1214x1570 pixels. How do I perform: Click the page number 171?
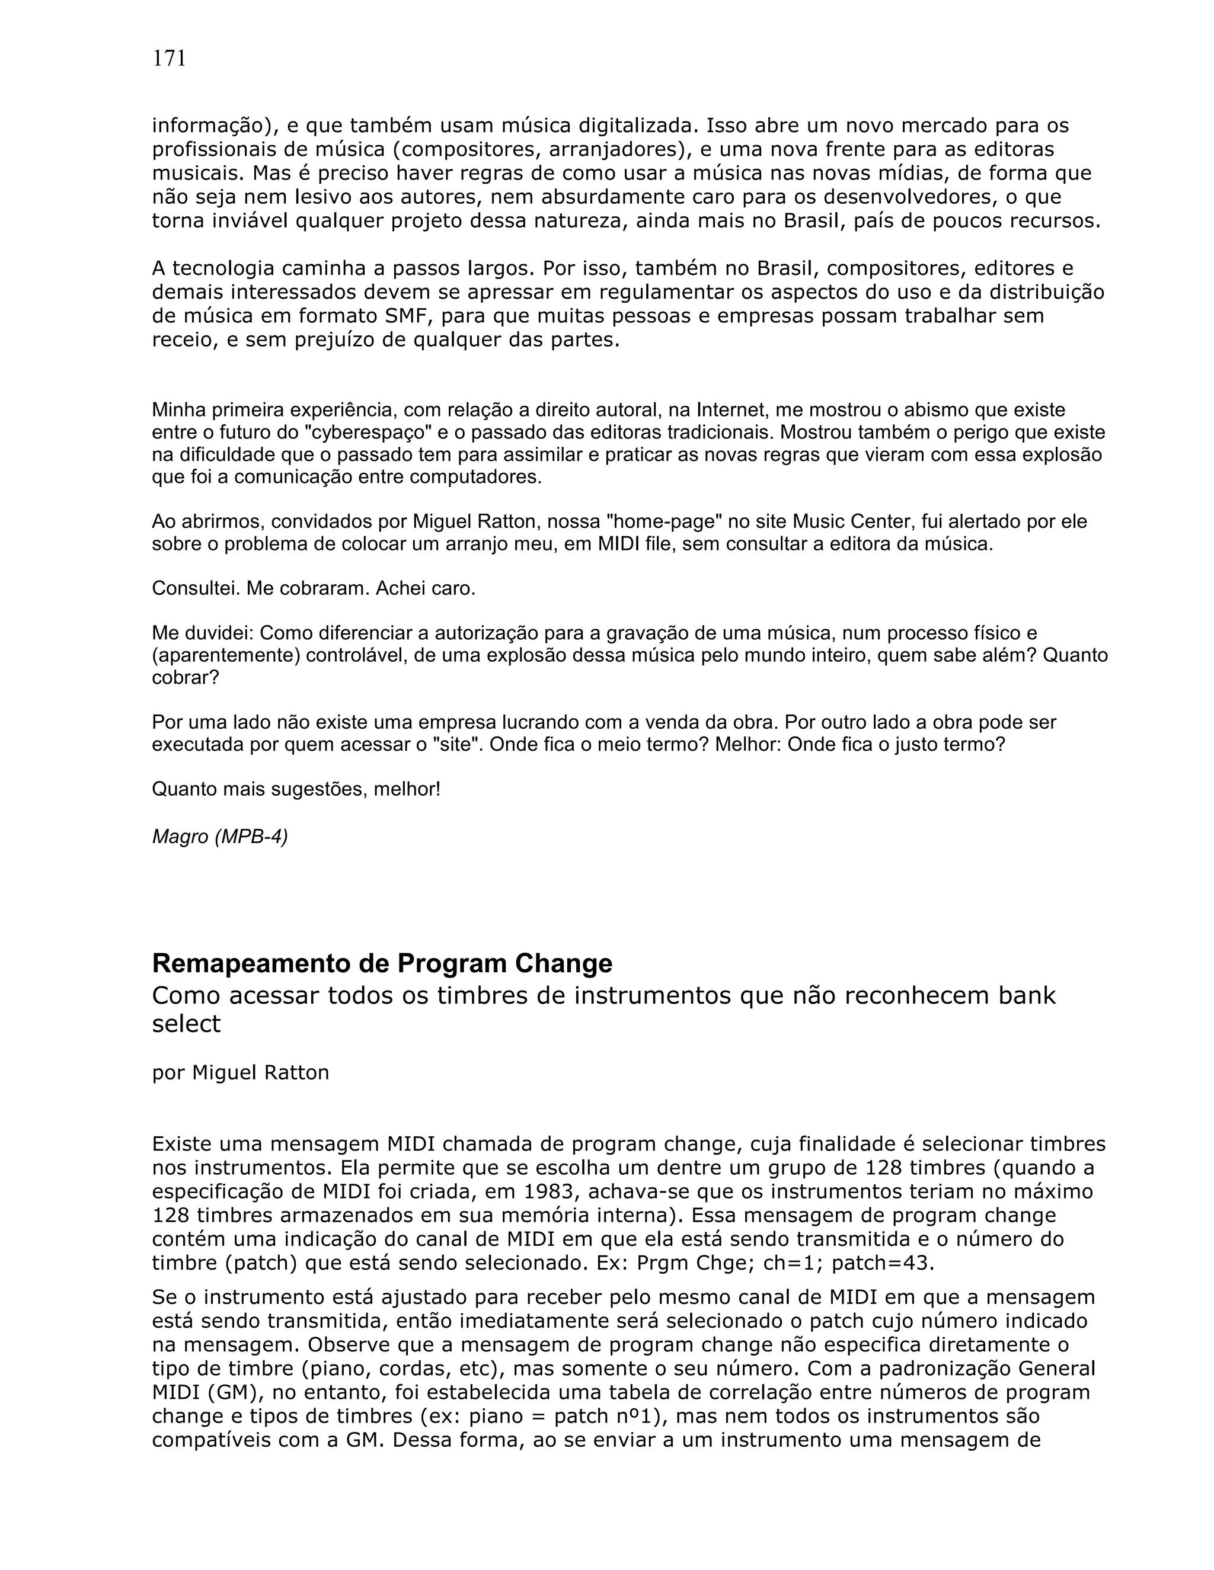[x=169, y=59]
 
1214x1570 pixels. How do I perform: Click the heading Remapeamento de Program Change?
[x=382, y=963]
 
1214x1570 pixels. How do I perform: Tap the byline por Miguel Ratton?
[x=240, y=1072]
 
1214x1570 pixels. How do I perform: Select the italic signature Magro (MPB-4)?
[x=219, y=837]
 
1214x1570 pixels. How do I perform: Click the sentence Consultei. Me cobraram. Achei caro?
[x=314, y=589]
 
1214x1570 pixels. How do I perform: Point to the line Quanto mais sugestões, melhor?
[x=296, y=789]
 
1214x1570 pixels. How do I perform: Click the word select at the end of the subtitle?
[x=186, y=1024]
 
